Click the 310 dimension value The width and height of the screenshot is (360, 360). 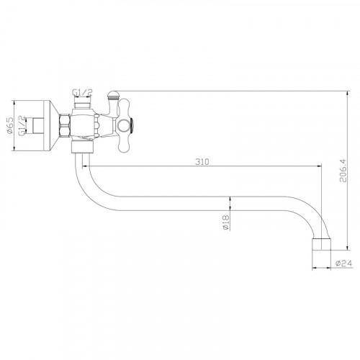(202, 162)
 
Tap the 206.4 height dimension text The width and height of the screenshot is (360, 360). (343, 171)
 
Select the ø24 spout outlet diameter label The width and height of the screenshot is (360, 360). (343, 264)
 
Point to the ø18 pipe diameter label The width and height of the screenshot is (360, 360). (226, 223)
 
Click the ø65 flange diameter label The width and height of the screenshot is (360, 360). (9, 125)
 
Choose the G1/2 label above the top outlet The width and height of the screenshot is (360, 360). (82, 92)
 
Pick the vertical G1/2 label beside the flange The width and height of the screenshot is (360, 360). (22, 126)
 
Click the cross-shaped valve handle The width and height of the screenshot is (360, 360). (124, 125)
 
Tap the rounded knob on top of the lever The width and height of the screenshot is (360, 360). (112, 94)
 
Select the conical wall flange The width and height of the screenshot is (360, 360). (51, 125)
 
